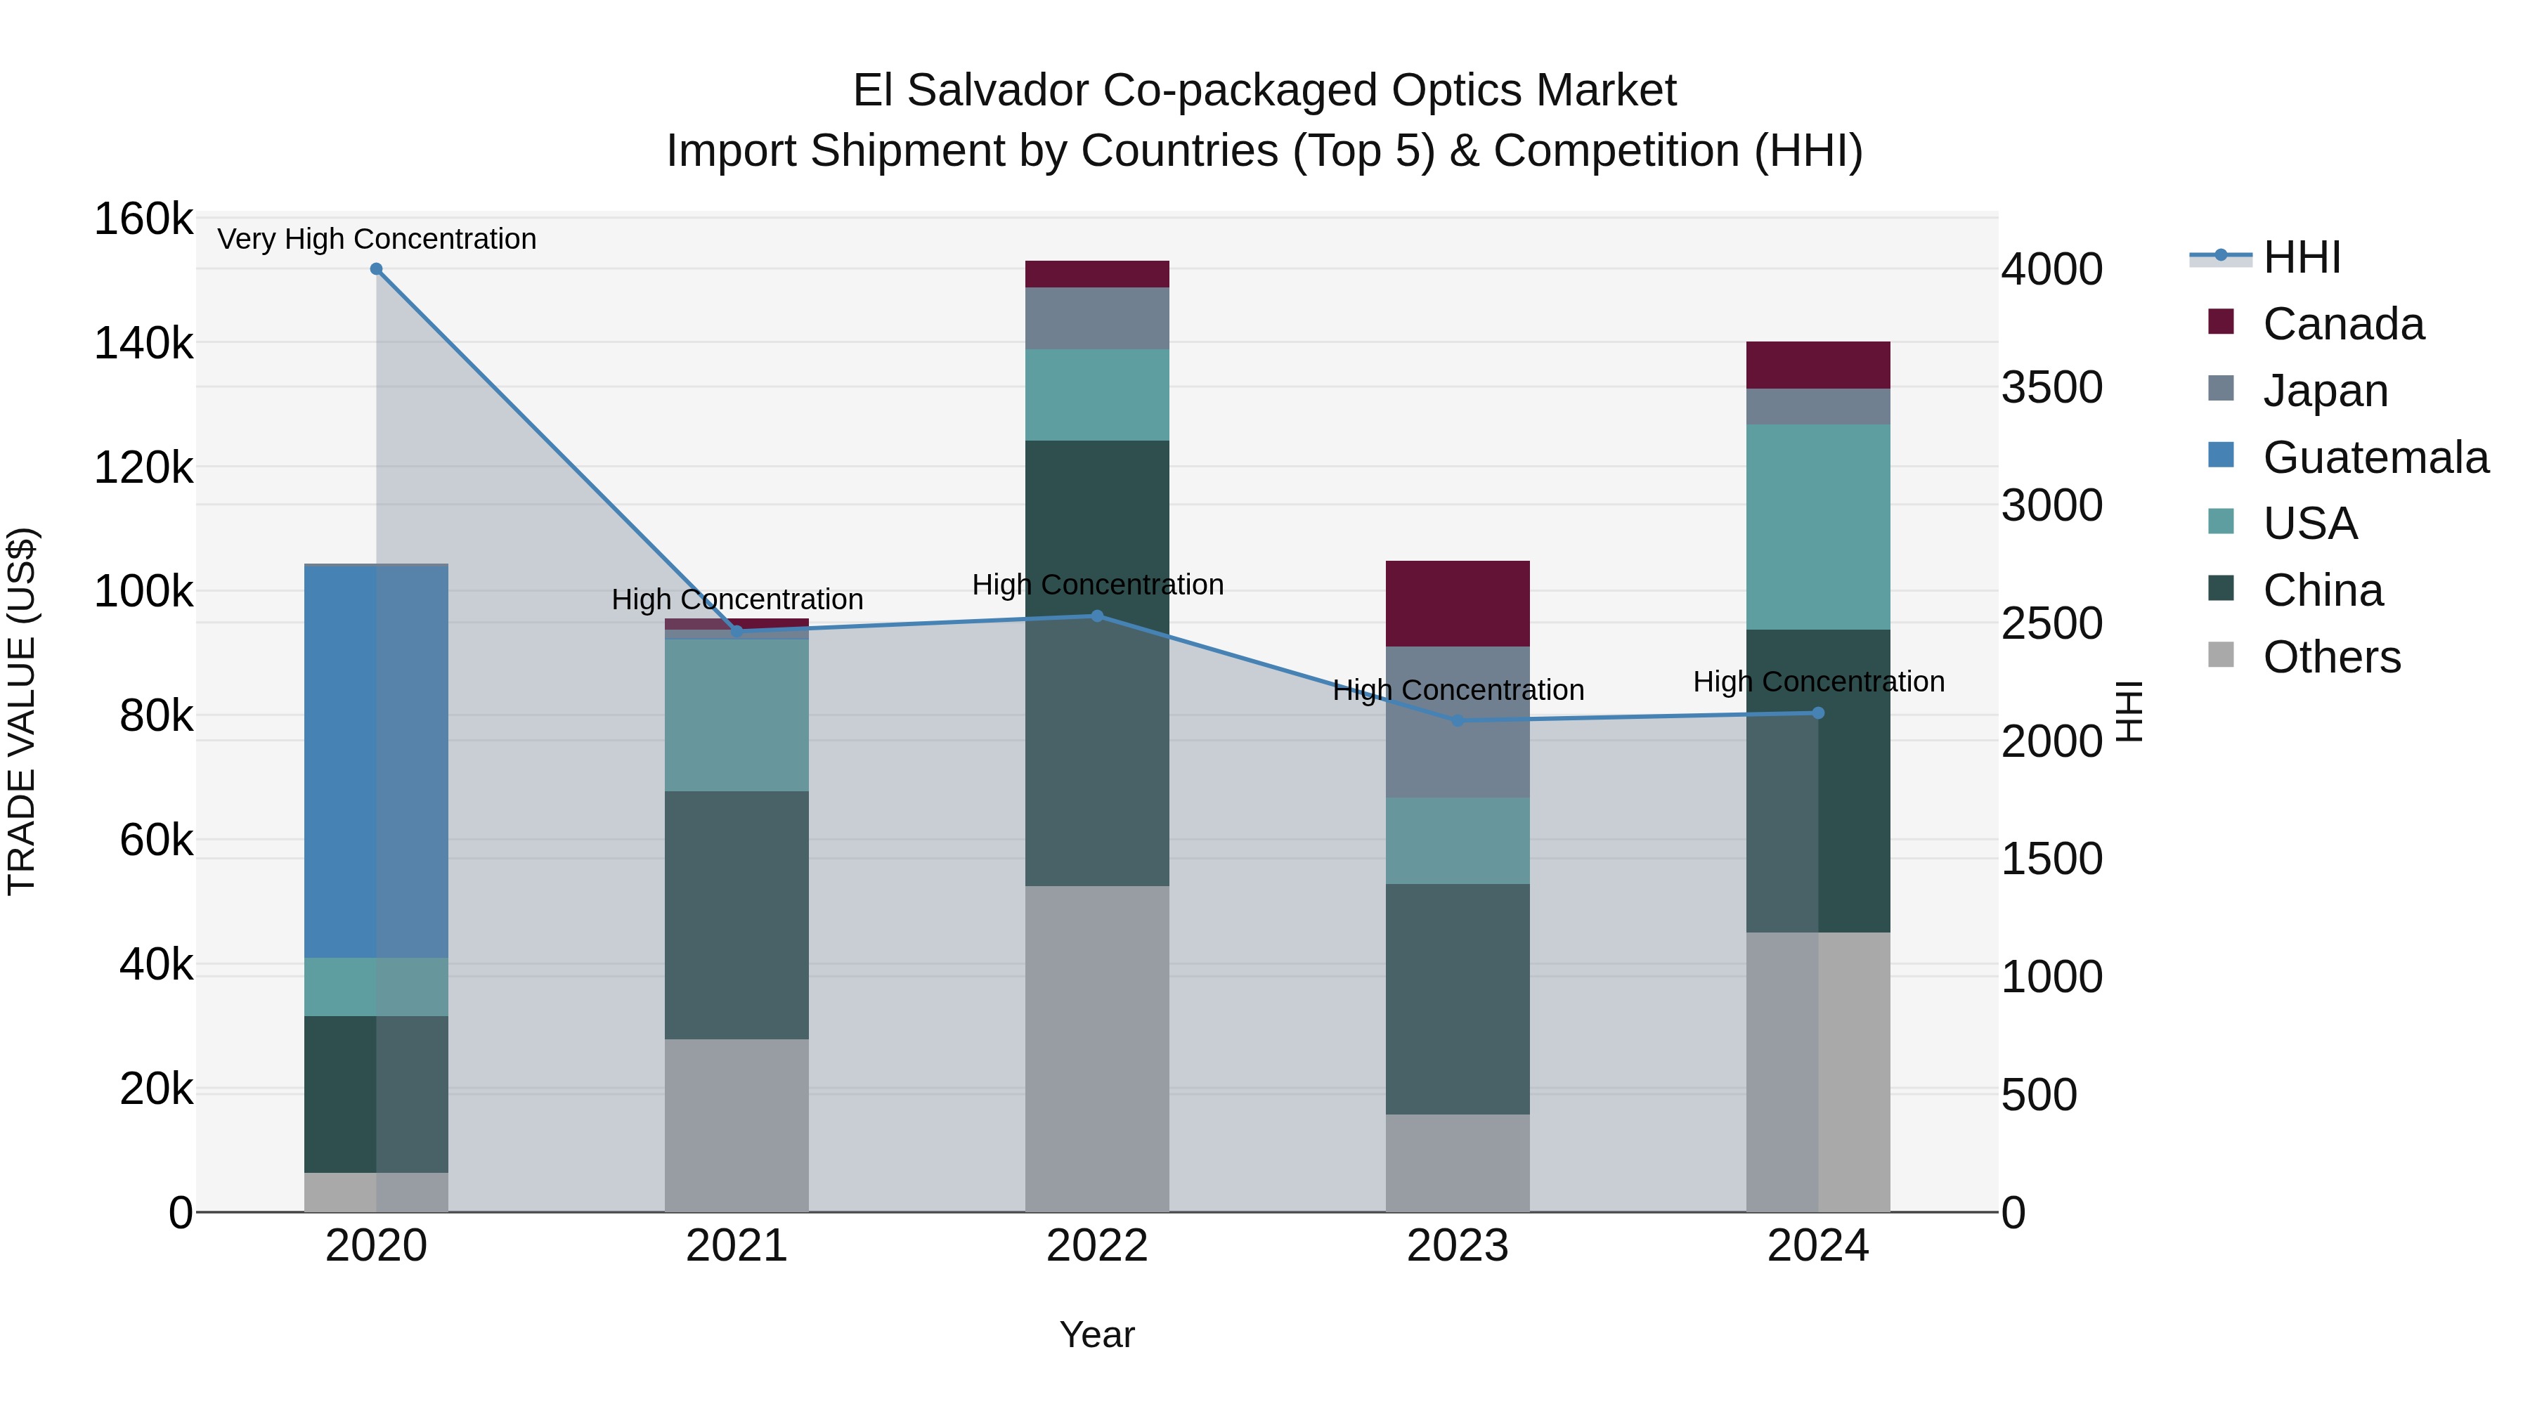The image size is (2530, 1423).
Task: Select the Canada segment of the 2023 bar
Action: pos(1458,603)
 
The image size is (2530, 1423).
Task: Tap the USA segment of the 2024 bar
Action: pos(1818,526)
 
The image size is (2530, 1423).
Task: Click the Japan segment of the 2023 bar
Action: pos(1458,722)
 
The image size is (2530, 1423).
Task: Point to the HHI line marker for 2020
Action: pos(376,269)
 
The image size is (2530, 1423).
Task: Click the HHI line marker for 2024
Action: pos(1818,713)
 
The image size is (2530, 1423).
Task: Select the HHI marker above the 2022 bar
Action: pos(1097,616)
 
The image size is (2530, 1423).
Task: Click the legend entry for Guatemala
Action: pos(2375,457)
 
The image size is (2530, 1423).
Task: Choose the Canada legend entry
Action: pos(2342,324)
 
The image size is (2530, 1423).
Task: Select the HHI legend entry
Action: pos(2301,257)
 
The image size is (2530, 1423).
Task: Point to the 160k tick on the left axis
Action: pos(143,219)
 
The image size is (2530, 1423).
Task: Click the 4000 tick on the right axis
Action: pos(2051,269)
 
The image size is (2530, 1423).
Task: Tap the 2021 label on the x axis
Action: pos(737,1246)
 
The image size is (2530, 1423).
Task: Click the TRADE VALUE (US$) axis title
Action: pos(22,711)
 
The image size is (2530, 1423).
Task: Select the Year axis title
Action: pos(1097,1334)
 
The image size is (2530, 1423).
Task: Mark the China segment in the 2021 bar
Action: pos(737,914)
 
